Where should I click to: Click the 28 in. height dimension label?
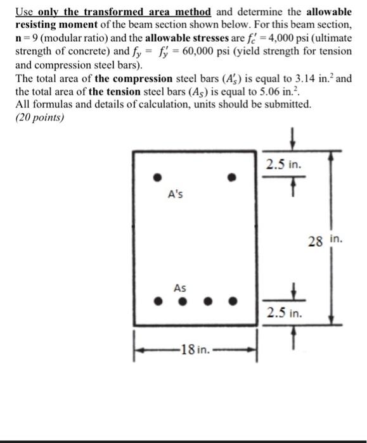(x=327, y=240)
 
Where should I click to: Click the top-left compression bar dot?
(x=161, y=177)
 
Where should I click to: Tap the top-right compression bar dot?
(x=233, y=177)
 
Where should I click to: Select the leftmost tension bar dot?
(x=161, y=301)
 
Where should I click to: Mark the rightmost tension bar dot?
(x=233, y=301)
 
